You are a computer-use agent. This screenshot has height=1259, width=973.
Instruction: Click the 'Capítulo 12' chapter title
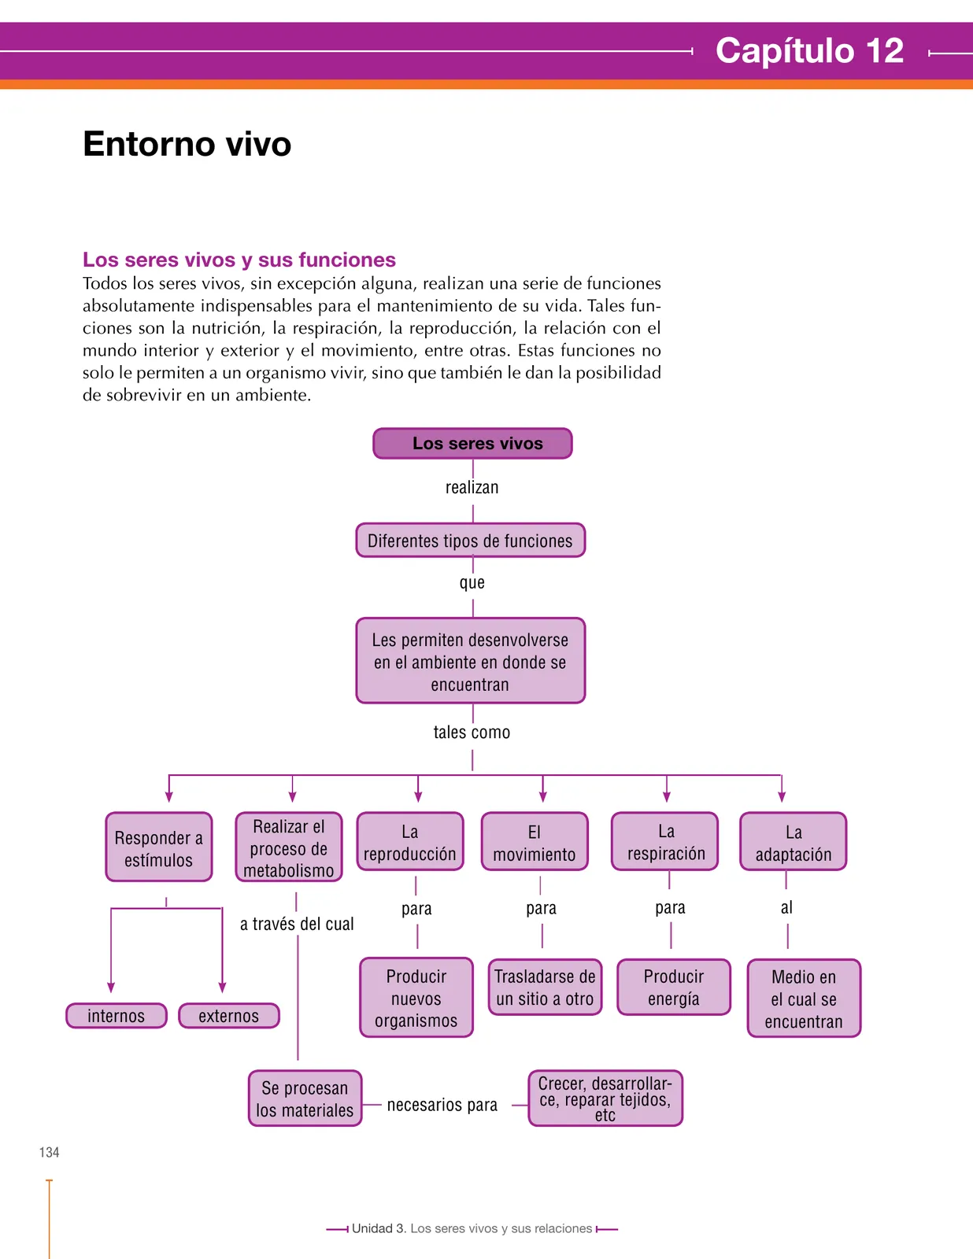(x=809, y=50)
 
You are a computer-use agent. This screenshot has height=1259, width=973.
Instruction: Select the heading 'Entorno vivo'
(x=187, y=144)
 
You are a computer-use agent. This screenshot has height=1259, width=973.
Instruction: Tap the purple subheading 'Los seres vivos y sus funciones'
(x=239, y=260)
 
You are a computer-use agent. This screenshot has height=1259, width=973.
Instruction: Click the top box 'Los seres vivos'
(x=472, y=443)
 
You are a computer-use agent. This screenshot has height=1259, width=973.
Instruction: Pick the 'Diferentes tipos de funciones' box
(x=471, y=540)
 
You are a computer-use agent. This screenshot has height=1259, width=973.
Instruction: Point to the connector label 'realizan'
(x=472, y=487)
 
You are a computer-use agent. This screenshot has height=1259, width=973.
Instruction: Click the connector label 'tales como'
(x=472, y=732)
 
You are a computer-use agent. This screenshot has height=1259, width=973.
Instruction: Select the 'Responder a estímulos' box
(x=159, y=847)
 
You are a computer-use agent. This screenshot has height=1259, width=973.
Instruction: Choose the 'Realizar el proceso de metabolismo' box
(x=289, y=847)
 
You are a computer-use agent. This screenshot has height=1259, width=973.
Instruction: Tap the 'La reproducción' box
(x=409, y=841)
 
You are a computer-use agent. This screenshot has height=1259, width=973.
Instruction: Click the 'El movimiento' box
(x=535, y=841)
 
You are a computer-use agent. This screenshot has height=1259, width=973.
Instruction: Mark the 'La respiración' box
(x=664, y=841)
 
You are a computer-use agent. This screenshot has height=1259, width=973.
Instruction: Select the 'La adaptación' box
(x=794, y=841)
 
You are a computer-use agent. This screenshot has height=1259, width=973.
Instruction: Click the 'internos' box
(x=117, y=1016)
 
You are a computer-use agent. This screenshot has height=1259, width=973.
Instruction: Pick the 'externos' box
(x=229, y=1016)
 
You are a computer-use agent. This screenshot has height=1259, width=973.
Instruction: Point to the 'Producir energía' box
(x=674, y=987)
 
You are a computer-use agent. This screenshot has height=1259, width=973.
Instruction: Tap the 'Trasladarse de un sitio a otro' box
(x=546, y=987)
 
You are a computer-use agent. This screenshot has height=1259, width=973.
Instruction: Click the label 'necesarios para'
(x=442, y=1105)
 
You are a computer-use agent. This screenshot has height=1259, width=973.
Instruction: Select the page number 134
(x=50, y=1152)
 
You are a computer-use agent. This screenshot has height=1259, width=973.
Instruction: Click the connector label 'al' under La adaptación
(x=786, y=907)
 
